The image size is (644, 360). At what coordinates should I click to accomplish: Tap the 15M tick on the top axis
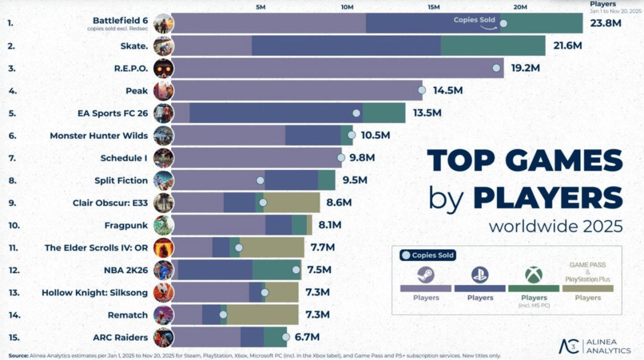(x=434, y=7)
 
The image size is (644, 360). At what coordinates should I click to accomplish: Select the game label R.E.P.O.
(x=131, y=68)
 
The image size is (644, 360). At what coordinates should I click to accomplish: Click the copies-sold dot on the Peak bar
(x=422, y=91)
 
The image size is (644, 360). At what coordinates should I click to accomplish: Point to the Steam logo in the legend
(x=426, y=275)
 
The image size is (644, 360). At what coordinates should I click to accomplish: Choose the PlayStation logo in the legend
(x=480, y=275)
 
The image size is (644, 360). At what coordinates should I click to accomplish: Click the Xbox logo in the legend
(x=533, y=275)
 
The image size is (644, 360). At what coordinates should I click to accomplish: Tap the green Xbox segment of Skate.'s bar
(x=493, y=46)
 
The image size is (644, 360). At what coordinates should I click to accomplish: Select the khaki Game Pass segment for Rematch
(x=262, y=315)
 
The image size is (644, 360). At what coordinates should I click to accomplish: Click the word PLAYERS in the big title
(x=547, y=197)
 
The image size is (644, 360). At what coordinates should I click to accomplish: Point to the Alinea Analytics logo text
(x=611, y=346)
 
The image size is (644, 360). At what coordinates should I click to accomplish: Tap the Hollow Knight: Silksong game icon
(x=163, y=292)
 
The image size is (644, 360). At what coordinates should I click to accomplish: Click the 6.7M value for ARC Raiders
(x=307, y=337)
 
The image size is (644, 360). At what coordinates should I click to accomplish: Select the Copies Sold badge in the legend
(x=427, y=255)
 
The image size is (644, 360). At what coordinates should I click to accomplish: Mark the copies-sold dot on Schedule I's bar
(x=340, y=158)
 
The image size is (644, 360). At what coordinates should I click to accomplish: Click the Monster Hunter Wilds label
(x=98, y=135)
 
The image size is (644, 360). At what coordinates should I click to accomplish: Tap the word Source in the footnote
(x=17, y=355)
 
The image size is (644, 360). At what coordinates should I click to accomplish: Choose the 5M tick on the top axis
(x=261, y=7)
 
